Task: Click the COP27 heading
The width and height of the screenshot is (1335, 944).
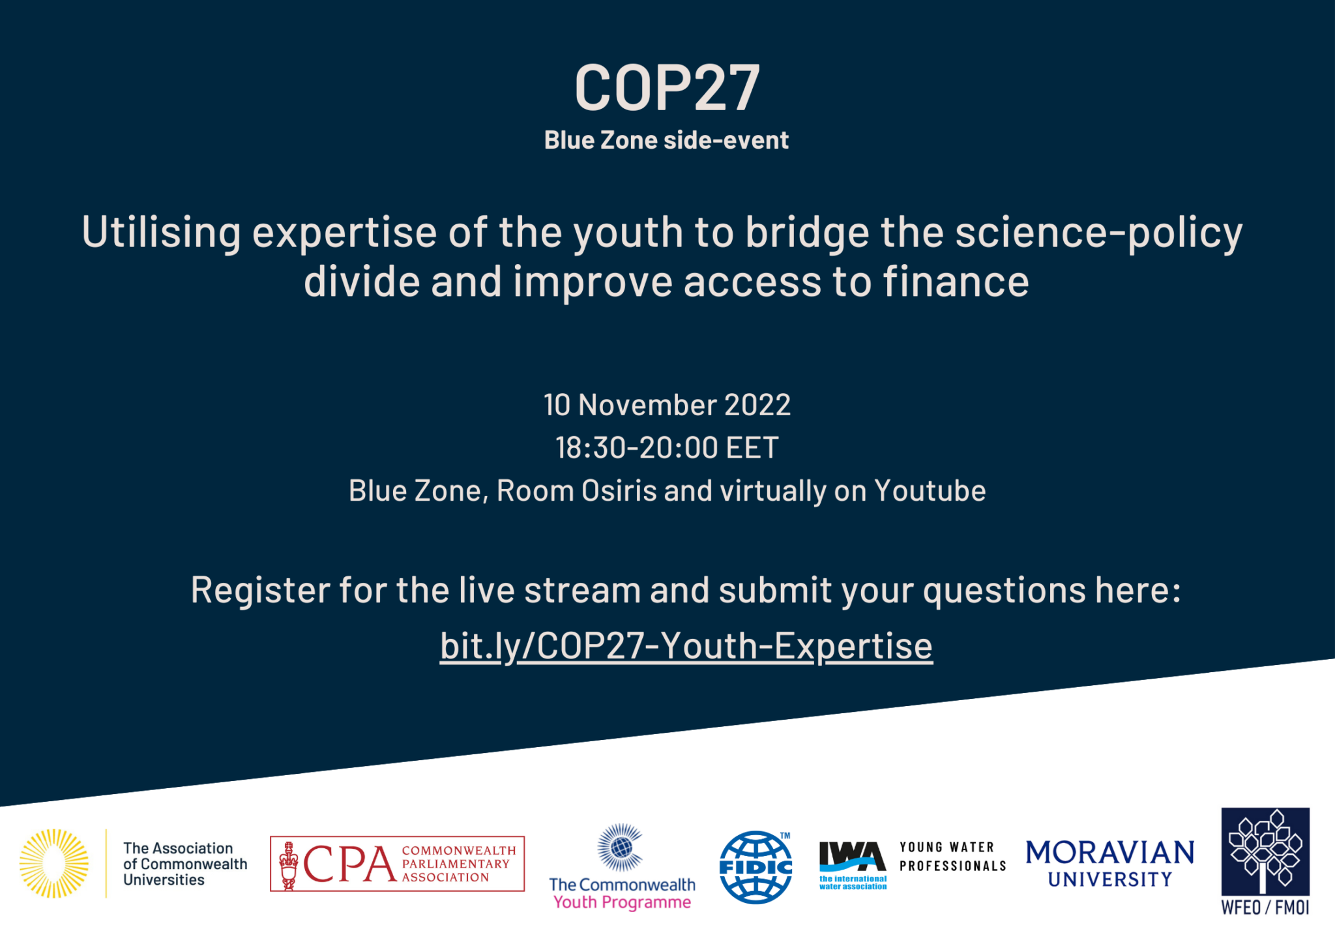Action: pos(667,87)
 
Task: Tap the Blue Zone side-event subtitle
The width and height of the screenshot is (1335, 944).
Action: pos(666,140)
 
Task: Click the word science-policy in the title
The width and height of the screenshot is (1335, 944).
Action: pos(1098,233)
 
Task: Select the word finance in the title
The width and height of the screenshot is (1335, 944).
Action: pos(956,282)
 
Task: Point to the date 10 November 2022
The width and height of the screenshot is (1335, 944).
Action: pos(667,405)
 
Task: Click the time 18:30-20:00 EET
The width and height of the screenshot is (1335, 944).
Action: pos(667,448)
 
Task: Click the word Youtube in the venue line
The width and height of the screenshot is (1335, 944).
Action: pos(930,491)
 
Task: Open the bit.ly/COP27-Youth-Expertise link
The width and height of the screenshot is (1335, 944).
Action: pos(686,647)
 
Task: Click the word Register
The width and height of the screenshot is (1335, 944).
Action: pos(260,591)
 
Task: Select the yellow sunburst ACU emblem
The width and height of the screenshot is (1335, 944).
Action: pos(54,863)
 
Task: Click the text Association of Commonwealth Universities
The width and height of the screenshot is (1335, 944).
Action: pos(185,864)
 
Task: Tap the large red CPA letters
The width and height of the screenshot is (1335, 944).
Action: pos(349,864)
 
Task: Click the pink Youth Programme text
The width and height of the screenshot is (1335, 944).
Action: pos(622,902)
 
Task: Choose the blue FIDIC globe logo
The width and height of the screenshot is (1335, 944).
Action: pos(756,867)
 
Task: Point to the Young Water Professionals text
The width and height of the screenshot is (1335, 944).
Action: pos(953,857)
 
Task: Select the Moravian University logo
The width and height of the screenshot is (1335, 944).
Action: pos(1110,864)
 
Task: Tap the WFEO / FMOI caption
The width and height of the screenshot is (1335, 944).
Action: pos(1265,907)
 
